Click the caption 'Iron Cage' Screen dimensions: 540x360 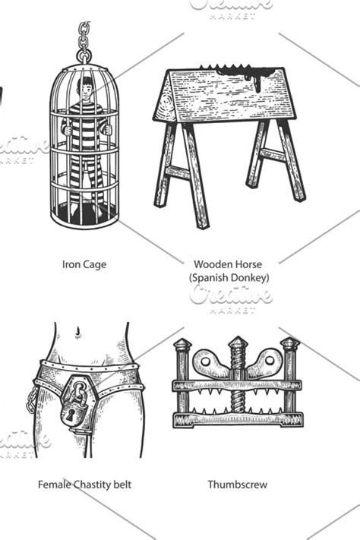tap(84, 264)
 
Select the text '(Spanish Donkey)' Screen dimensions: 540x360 tap(229, 277)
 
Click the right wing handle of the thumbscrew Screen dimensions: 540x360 tap(266, 363)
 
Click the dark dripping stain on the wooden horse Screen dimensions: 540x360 tap(244, 75)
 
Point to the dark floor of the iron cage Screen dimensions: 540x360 tap(85, 214)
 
